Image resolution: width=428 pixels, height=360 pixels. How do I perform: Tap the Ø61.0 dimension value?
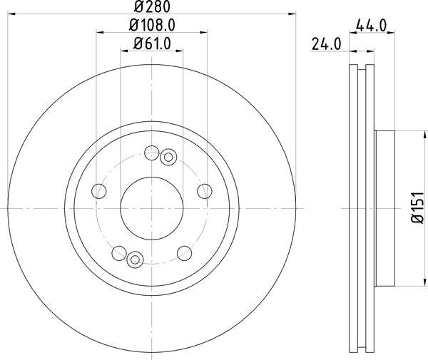coord(152,44)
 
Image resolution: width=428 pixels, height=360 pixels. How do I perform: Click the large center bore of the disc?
coord(152,207)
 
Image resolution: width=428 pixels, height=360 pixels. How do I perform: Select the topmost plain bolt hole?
coord(151,153)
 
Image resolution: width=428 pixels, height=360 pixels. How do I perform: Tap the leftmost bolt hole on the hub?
coord(99,190)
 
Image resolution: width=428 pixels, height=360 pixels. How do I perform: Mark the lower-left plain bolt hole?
coord(119,252)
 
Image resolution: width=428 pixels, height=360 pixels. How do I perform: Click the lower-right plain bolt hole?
coord(184,252)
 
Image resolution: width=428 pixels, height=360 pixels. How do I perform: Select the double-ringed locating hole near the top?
coord(168,158)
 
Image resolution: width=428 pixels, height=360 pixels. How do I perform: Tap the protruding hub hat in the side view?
coord(384,207)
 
